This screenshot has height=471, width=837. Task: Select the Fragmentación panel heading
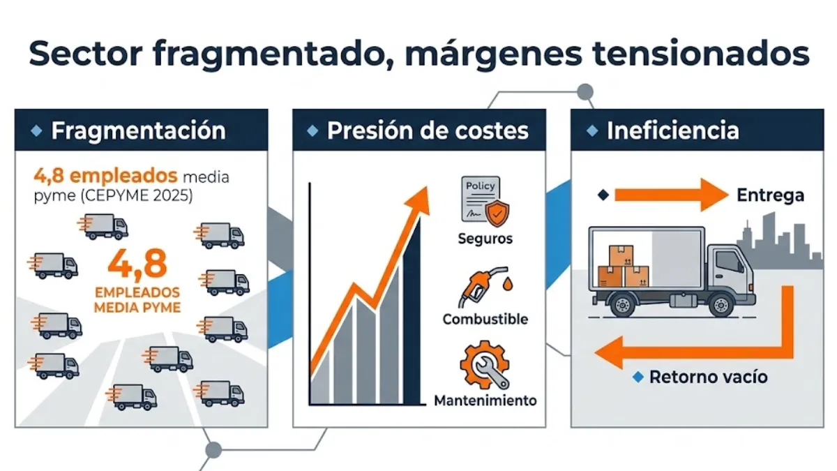point(138,130)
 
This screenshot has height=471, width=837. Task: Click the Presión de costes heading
point(427,130)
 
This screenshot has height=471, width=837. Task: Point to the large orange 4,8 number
point(137,264)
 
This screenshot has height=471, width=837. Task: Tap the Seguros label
point(485,239)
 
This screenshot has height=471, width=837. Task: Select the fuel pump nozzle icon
point(481,287)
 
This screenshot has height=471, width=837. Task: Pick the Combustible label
point(485,320)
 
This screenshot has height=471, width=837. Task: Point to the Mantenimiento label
point(485,401)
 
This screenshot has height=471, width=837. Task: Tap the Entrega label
point(770,196)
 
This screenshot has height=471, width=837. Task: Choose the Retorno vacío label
point(708,377)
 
